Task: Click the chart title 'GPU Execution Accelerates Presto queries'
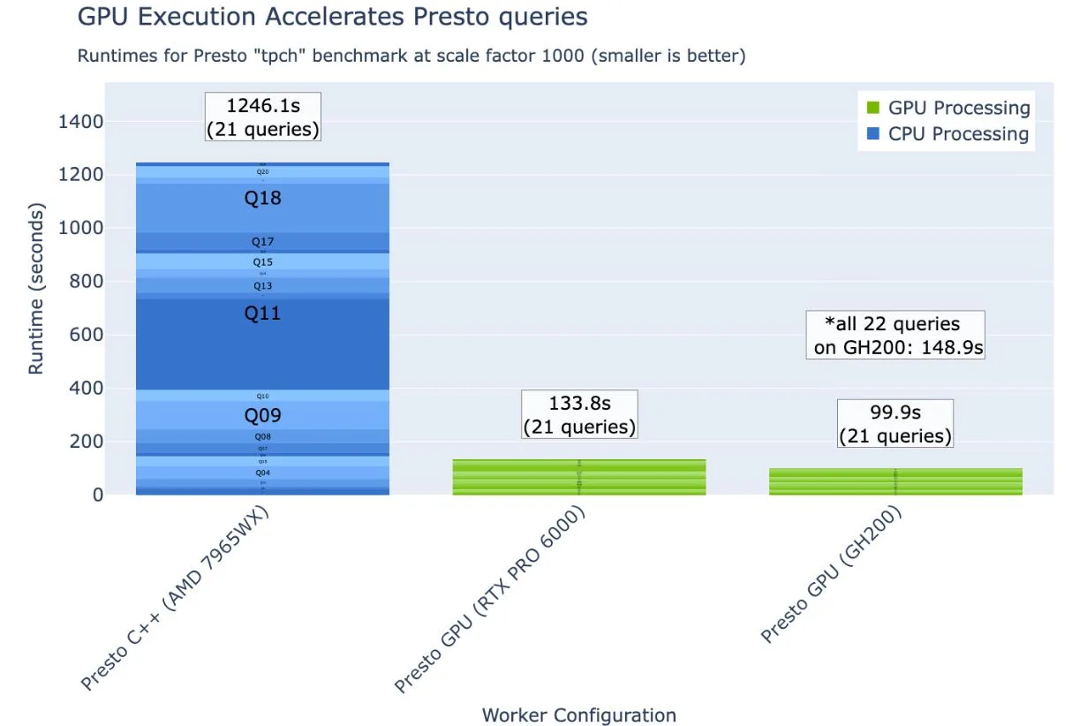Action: (x=332, y=17)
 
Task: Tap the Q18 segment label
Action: (x=262, y=199)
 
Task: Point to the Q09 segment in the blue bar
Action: (x=262, y=415)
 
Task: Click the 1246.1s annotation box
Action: (x=263, y=117)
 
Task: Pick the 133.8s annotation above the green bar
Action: (x=579, y=415)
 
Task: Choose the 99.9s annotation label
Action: (x=895, y=424)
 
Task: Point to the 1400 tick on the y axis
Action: (x=81, y=122)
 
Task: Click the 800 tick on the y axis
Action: (x=86, y=282)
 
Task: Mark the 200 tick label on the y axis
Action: (x=86, y=442)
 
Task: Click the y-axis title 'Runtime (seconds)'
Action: (x=36, y=290)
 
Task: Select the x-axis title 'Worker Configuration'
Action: (x=578, y=715)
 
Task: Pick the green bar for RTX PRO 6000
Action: (x=579, y=478)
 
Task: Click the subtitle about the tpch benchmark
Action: (x=411, y=57)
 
